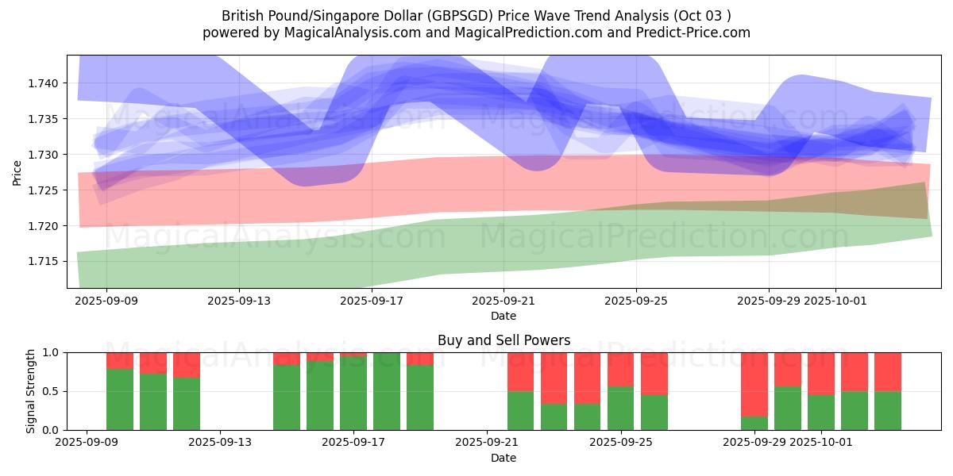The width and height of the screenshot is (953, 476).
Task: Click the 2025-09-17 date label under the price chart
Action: pos(372,301)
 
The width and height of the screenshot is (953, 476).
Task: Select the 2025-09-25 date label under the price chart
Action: pos(636,301)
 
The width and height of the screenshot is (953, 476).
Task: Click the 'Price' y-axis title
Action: pos(17,172)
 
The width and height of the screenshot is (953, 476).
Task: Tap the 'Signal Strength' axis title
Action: pos(31,391)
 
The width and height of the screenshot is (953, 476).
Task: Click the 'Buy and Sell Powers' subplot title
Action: pos(504,340)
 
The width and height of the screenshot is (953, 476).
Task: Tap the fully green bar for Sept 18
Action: pos(387,391)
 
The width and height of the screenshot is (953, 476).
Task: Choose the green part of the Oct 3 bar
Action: pos(888,410)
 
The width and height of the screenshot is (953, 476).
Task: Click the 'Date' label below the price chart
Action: pos(504,316)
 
